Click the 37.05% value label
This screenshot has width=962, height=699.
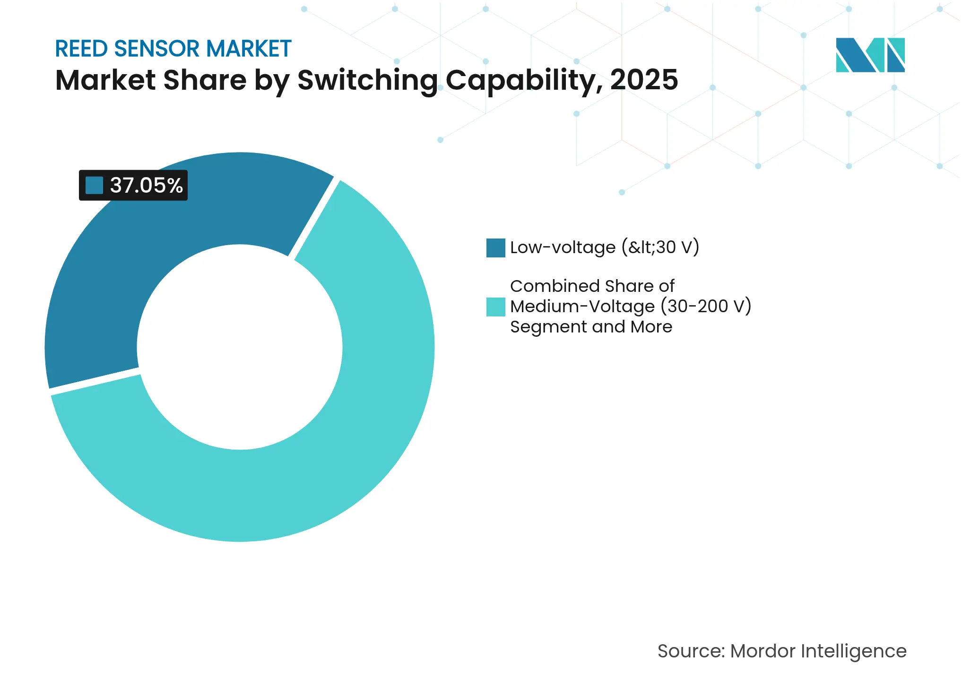[146, 185]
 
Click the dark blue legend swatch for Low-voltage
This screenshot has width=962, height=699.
[495, 248]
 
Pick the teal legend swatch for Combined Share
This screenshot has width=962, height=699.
[495, 307]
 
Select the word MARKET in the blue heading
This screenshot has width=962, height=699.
[249, 49]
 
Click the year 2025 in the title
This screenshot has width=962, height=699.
[644, 80]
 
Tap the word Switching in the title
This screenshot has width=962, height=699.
[367, 80]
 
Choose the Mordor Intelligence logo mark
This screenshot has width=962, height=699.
[870, 55]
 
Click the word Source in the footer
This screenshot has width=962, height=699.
[690, 651]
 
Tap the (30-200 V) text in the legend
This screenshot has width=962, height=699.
[706, 307]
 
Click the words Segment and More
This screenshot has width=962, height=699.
[591, 327]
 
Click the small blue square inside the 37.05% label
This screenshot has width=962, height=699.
[94, 185]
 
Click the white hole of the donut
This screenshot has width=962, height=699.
[240, 347]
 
